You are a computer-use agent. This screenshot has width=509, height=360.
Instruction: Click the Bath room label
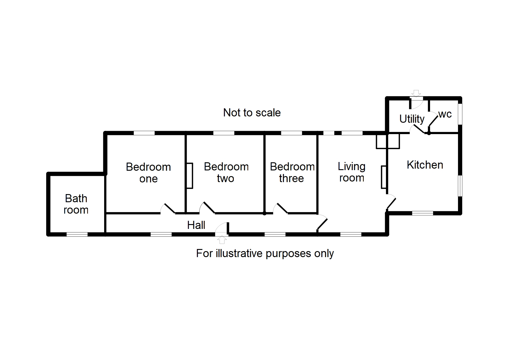(76, 204)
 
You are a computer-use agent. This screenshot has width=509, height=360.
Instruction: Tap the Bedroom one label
(148, 172)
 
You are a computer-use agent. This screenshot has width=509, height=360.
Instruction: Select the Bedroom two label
(226, 172)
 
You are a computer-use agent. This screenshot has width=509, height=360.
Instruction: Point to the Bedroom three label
(292, 172)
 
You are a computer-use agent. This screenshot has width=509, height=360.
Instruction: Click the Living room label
(351, 172)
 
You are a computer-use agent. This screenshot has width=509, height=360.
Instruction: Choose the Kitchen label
(425, 165)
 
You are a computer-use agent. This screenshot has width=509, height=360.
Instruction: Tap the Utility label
(412, 119)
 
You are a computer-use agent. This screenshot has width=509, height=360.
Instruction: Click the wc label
(445, 114)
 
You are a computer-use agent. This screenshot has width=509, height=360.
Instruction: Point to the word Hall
(196, 225)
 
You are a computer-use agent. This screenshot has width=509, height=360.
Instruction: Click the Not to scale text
(252, 112)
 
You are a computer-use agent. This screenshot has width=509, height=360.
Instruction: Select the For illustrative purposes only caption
(265, 253)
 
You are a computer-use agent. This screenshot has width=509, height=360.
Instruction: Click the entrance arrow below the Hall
(222, 240)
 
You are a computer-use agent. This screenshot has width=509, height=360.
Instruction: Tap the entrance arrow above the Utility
(416, 93)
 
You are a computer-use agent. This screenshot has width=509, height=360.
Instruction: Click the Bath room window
(77, 234)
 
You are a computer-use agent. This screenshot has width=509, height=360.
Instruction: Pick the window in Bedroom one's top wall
(144, 133)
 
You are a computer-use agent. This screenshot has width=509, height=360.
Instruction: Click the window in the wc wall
(460, 114)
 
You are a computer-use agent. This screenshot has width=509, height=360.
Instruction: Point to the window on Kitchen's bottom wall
(422, 213)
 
